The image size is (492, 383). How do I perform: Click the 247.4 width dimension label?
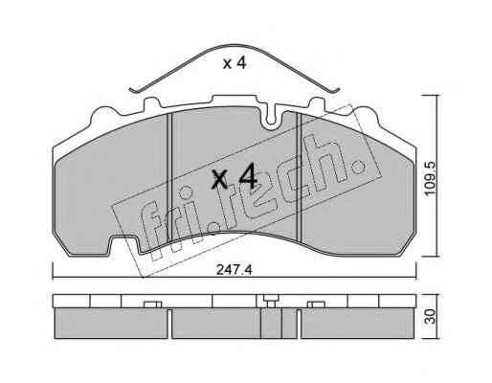(235, 270)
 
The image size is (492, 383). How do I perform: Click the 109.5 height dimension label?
(430, 178)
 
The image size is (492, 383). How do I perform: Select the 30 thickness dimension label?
(431, 316)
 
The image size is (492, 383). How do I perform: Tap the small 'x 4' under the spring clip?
(235, 63)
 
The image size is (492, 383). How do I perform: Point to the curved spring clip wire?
(235, 46)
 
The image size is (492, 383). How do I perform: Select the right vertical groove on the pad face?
(299, 177)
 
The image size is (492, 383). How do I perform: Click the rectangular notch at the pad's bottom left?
(124, 244)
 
